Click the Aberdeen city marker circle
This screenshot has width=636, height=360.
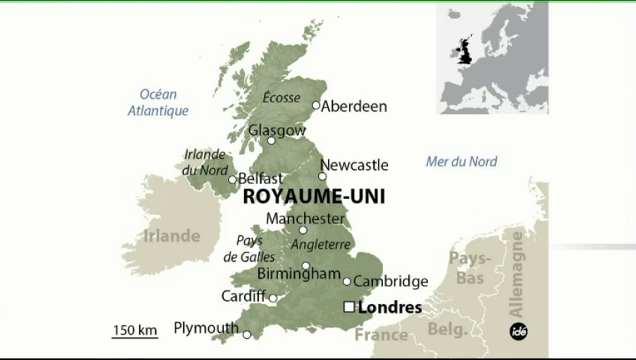point(316,105)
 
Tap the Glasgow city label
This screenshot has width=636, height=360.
point(276,130)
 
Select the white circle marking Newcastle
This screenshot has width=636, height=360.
point(322,176)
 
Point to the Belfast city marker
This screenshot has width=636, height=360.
point(232,179)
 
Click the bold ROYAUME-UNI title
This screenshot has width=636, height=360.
point(314,196)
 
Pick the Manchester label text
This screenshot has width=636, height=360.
point(305,218)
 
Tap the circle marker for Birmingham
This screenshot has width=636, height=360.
point(305,265)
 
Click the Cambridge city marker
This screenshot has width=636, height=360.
point(347,281)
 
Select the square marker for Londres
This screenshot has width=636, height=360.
point(349,307)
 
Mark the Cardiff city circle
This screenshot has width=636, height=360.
point(273,298)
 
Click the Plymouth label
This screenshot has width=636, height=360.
point(206,328)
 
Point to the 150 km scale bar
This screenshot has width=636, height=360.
point(134,337)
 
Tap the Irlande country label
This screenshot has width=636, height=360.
point(171,235)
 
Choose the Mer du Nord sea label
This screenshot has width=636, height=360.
point(461,161)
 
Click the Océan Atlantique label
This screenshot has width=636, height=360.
point(158,102)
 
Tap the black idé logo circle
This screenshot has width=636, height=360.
point(518,331)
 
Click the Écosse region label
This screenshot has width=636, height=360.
point(281,98)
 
